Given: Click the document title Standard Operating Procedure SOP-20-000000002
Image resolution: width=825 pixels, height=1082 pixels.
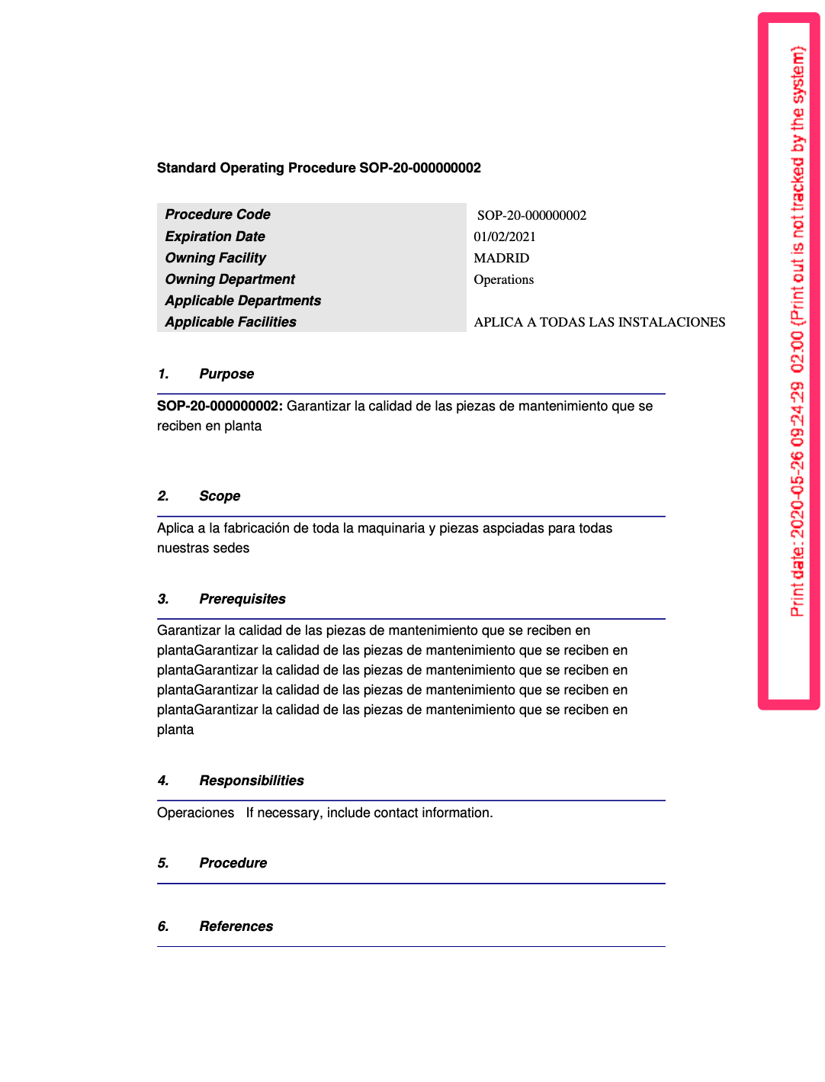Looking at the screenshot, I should click(x=319, y=168).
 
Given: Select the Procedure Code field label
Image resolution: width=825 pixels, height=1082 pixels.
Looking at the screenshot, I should click(x=218, y=214).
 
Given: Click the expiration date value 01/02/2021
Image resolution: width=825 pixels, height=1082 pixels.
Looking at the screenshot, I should click(x=505, y=237).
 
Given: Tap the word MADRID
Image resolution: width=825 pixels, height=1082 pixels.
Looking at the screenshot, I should click(x=502, y=258).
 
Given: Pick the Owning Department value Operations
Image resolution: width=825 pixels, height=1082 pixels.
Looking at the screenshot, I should click(x=504, y=279).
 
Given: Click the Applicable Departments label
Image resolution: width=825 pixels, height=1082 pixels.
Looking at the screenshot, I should click(x=243, y=301).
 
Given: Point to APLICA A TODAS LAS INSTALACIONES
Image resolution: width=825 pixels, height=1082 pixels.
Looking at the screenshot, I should click(x=599, y=322).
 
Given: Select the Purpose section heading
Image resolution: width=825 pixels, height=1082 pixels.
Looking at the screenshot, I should click(x=226, y=374).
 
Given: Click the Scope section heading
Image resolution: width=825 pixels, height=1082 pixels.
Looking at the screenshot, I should click(x=220, y=496).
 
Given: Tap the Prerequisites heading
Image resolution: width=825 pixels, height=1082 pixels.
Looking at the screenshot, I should click(x=242, y=599).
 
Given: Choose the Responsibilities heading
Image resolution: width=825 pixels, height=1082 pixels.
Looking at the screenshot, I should click(x=252, y=781).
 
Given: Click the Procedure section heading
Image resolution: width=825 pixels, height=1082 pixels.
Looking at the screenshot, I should click(x=233, y=863).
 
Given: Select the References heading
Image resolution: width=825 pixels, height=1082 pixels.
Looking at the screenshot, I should click(x=236, y=926).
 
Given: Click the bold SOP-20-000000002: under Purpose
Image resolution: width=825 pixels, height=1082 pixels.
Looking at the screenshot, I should click(x=220, y=406).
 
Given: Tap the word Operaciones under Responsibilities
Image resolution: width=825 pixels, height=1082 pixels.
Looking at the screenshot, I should click(x=196, y=813).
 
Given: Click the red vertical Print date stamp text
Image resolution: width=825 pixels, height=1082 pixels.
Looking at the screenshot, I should click(x=797, y=332).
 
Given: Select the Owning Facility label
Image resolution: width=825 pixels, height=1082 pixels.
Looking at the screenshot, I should click(x=216, y=258).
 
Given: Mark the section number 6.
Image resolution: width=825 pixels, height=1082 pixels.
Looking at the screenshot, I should click(x=163, y=926).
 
